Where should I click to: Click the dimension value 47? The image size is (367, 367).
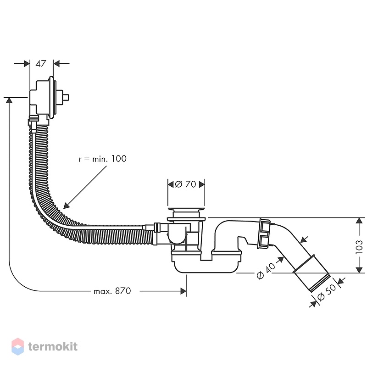pos(41,64)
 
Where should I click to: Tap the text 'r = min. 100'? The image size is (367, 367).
pos(103,159)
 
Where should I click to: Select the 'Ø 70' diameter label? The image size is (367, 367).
pos(186,184)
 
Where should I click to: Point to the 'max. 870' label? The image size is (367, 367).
pos(112,291)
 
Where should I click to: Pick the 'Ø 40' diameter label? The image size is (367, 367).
pos(266,271)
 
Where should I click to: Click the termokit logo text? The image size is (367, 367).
pos(53,347)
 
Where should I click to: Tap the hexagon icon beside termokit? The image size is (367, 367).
pos(17,346)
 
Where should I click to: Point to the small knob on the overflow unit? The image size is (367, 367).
pos(66,97)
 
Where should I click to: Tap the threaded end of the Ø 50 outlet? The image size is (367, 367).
pos(320,283)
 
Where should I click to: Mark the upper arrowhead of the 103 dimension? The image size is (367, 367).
pos(359,221)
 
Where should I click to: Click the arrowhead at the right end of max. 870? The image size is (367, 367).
pos(183,291)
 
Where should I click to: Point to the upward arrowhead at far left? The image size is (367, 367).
pos(9,100)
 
